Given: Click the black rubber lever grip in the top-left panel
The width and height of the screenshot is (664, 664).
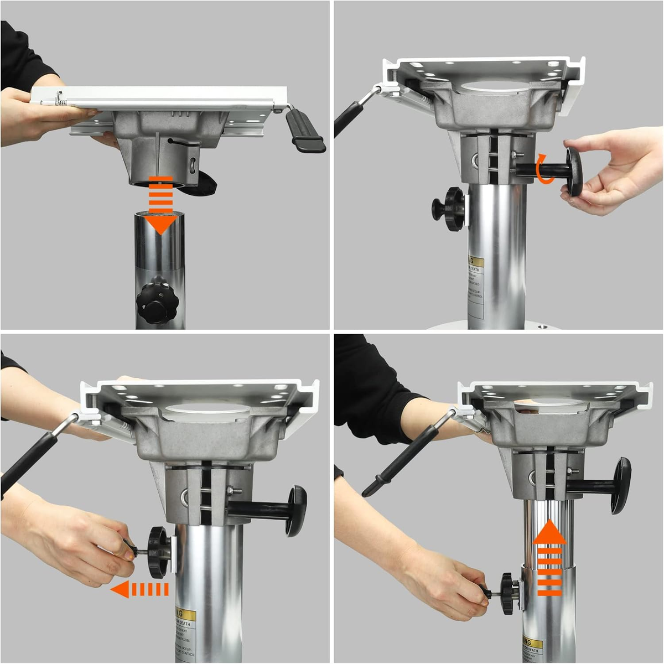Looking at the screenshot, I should click(x=304, y=131).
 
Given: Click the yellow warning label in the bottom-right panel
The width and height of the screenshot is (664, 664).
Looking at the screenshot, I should click(x=532, y=645).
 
